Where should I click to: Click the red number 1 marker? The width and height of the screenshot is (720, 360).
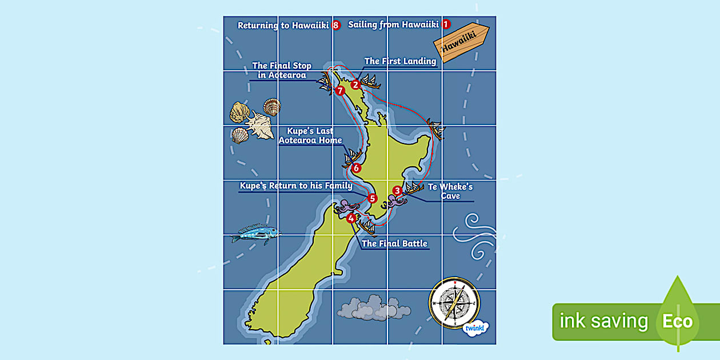[x=446, y=25]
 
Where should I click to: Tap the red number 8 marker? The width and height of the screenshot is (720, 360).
[x=336, y=25]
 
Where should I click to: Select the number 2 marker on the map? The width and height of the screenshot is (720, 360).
[x=355, y=85]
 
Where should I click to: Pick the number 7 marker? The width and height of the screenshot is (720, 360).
[x=341, y=90]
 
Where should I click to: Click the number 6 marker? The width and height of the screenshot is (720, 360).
[x=357, y=168]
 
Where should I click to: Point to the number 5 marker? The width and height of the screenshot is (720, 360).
[x=373, y=199]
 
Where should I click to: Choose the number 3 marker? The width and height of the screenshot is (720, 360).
[x=397, y=191]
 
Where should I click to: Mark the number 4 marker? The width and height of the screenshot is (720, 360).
[x=351, y=217]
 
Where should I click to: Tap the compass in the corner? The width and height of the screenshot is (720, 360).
[x=454, y=303]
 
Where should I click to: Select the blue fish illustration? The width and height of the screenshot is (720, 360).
[x=255, y=233]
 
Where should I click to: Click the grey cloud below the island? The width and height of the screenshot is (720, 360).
[x=366, y=308]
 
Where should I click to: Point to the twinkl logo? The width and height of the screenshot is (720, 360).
[x=474, y=327]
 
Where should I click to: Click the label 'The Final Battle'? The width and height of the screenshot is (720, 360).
[x=394, y=243]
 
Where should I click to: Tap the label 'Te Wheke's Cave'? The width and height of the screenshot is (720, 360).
[x=450, y=191]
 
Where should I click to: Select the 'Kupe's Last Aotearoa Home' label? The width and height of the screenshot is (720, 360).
[x=310, y=136]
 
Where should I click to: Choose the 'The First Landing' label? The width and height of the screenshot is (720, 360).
[x=400, y=61]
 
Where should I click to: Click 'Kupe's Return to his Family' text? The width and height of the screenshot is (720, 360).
[x=296, y=186]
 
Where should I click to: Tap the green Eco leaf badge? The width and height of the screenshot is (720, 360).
[x=677, y=320]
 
